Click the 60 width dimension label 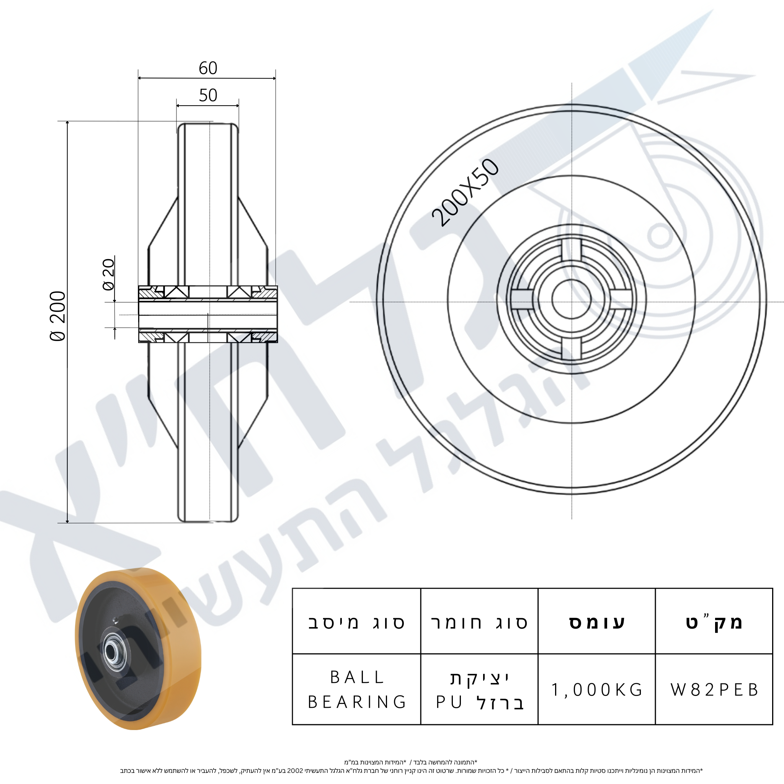208,68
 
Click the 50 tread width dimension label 208,95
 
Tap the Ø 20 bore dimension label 109,275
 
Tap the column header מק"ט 714,622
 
